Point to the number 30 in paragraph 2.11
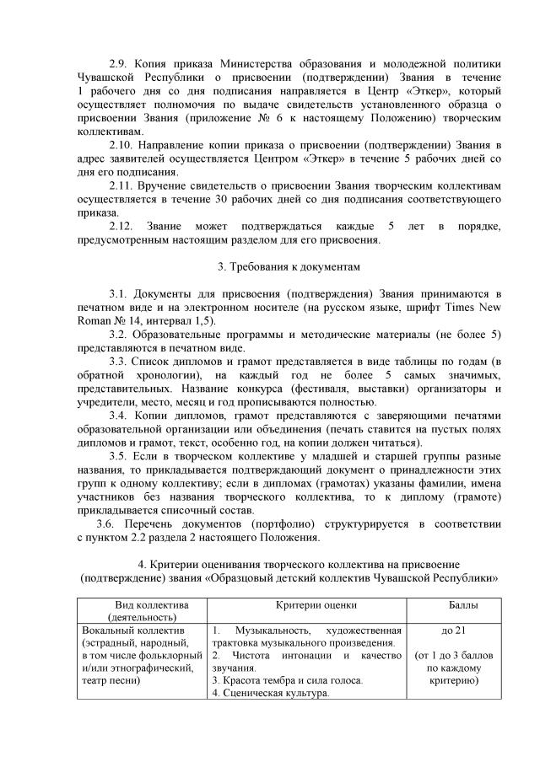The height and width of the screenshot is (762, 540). pyautogui.click(x=288, y=200)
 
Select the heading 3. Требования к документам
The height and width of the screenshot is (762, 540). pyautogui.click(x=289, y=267)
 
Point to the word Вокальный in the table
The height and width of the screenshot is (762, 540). pyautogui.click(x=108, y=630)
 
